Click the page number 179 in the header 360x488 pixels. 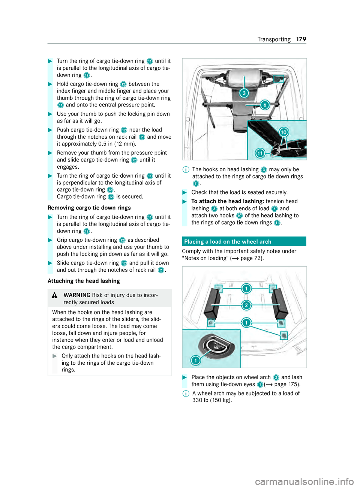[x=301, y=39]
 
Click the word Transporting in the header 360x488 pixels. [x=274, y=39]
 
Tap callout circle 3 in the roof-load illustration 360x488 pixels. [x=244, y=93]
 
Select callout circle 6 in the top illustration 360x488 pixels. [x=264, y=105]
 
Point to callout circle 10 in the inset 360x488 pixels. [x=284, y=132]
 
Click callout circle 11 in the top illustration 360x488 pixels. [x=260, y=153]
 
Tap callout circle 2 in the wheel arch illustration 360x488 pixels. [x=246, y=305]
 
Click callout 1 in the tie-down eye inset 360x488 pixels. [x=196, y=361]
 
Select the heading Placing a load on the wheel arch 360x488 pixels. [x=228, y=242]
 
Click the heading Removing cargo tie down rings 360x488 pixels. [x=89, y=208]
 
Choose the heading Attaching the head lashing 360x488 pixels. [x=84, y=281]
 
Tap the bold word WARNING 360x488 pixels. [x=77, y=295]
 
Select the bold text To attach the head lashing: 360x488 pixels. [x=228, y=201]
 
